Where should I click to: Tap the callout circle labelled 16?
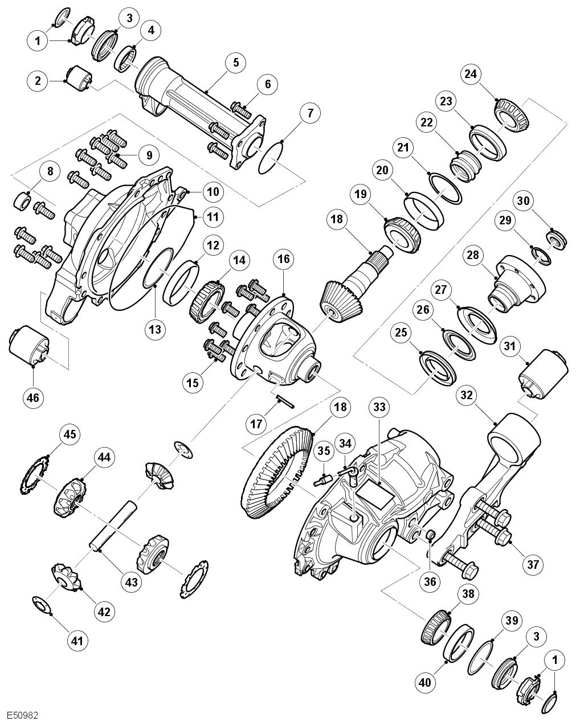coord(283,259)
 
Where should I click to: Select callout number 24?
coord(472,74)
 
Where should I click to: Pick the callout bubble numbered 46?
coord(33,397)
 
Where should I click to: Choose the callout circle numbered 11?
coord(213,216)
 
